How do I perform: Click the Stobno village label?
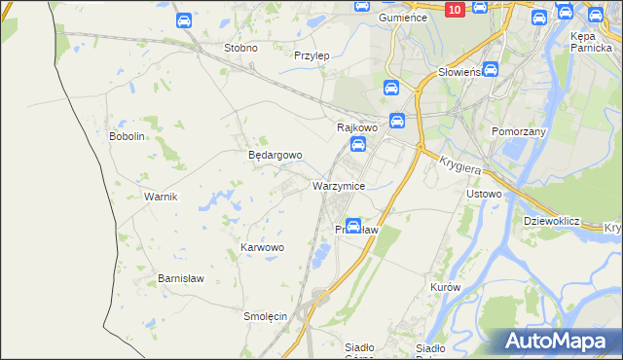click(x=240, y=48)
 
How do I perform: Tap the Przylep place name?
click(x=311, y=55)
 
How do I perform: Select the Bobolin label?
click(x=127, y=136)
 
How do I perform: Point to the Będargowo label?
click(x=275, y=155)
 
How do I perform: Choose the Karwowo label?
click(x=262, y=248)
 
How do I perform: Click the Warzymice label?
click(x=338, y=185)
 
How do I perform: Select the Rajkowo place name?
click(x=356, y=127)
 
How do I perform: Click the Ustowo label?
click(x=484, y=194)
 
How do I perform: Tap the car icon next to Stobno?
click(x=184, y=19)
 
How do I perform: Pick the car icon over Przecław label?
click(x=353, y=226)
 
